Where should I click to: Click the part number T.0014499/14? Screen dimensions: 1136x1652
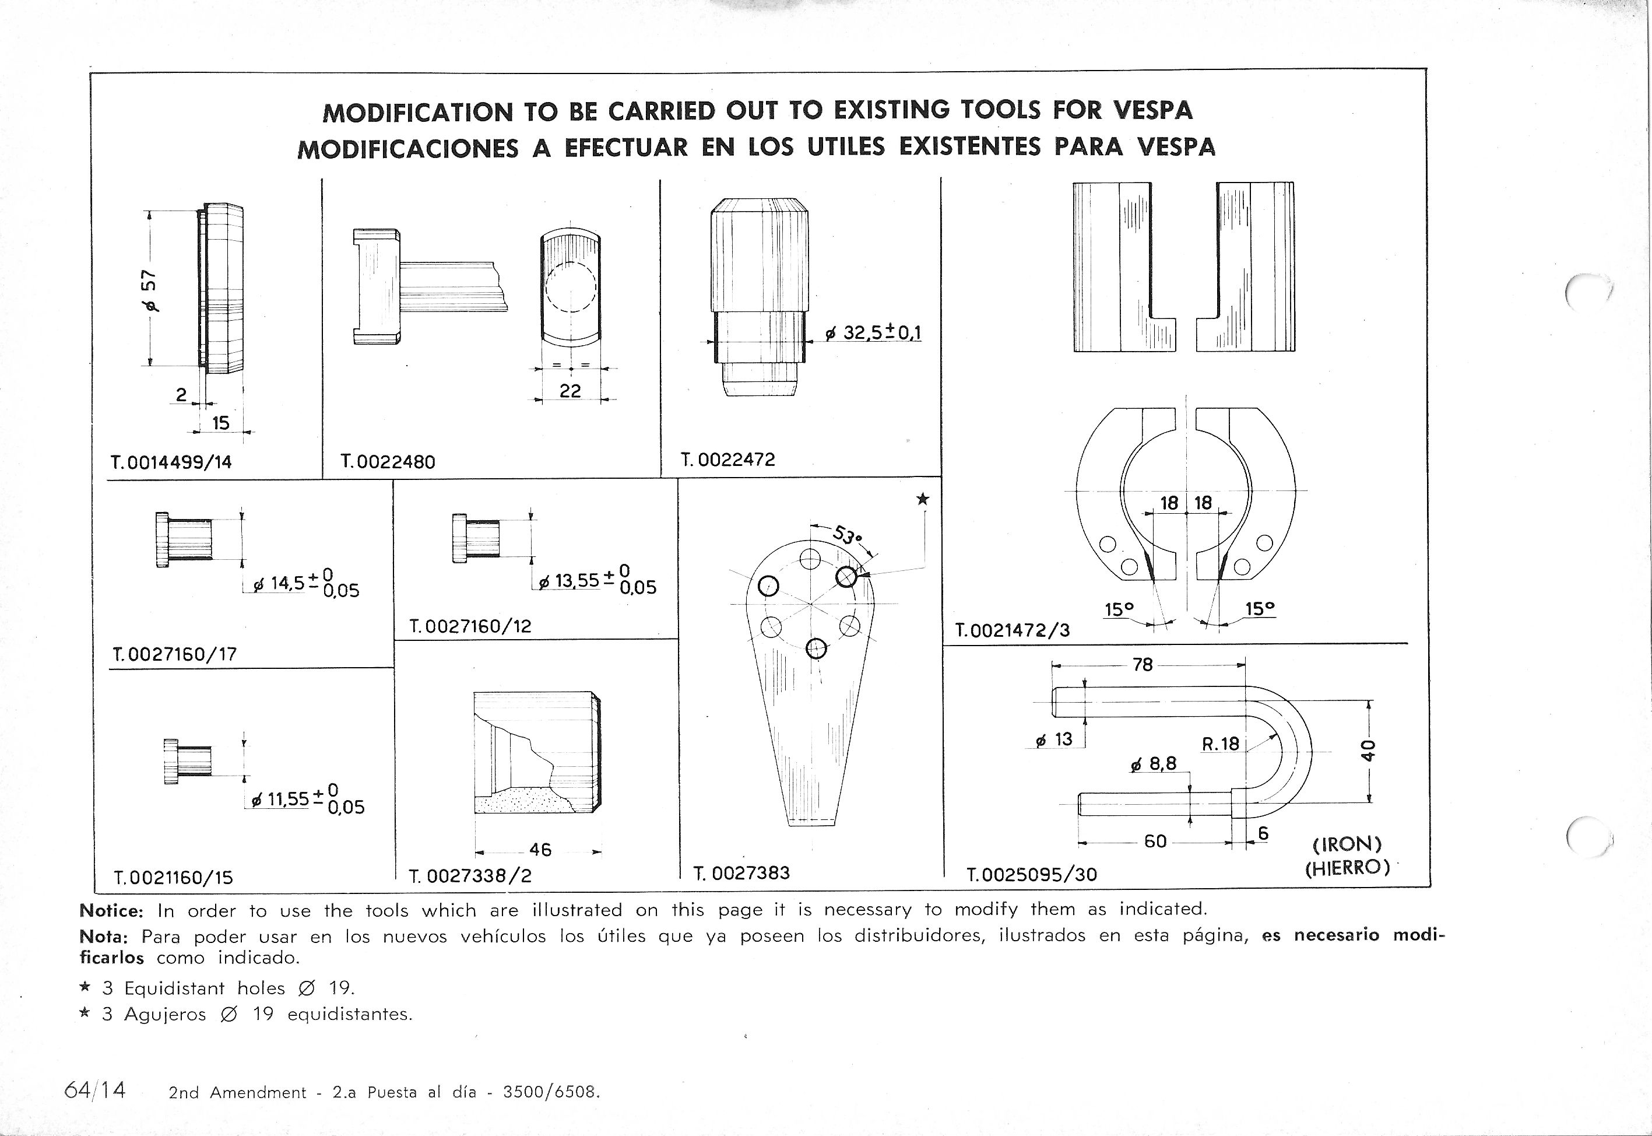click(171, 462)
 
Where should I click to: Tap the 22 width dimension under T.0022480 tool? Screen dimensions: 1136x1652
click(570, 391)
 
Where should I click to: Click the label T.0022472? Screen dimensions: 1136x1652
click(727, 460)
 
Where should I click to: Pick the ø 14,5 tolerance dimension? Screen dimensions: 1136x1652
click(306, 584)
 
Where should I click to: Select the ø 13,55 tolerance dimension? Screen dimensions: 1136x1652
click(596, 581)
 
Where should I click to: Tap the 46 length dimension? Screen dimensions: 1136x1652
click(540, 849)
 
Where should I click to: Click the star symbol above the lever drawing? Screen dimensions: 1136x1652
click(922, 499)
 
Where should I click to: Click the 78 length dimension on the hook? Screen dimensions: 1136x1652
click(1142, 665)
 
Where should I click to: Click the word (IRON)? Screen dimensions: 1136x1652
click(1347, 844)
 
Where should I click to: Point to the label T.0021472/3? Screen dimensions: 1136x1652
click(1012, 630)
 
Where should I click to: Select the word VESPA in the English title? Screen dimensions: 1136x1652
click(1152, 110)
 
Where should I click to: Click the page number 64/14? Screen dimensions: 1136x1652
click(94, 1091)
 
